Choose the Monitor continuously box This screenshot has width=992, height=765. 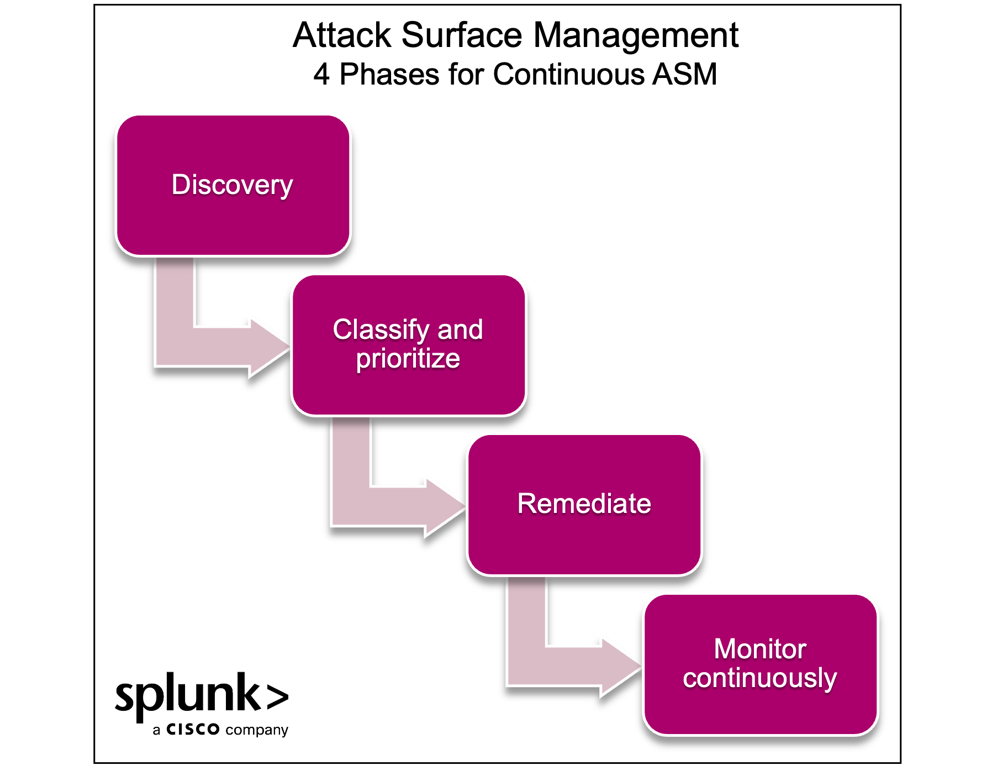761,713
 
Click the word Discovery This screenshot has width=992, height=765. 232,185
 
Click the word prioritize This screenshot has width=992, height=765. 408,359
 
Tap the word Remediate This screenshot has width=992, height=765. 584,504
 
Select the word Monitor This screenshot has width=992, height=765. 760,649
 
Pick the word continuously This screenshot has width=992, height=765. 760,678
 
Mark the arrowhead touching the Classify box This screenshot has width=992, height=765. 268,347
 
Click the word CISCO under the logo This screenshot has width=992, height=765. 193,730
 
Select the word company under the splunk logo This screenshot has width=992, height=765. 257,730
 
